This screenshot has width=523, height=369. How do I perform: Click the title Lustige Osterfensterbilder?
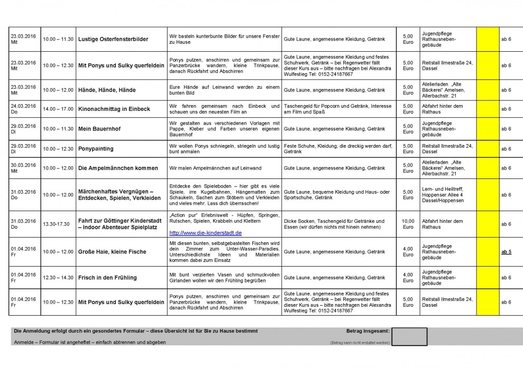click(113, 40)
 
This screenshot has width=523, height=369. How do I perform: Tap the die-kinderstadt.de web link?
click(205, 233)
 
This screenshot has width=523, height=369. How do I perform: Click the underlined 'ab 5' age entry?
click(506, 252)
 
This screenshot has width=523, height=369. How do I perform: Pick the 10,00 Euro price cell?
click(408, 224)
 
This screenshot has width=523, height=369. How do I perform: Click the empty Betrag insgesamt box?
click(410, 337)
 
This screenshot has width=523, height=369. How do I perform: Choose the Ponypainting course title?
click(96, 149)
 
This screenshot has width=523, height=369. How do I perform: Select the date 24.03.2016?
click(23, 106)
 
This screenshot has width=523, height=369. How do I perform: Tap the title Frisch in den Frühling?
click(107, 278)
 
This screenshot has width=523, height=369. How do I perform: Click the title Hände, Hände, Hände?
click(107, 90)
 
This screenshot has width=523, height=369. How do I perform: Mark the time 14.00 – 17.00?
click(58, 109)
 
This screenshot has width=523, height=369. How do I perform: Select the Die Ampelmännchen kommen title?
click(118, 168)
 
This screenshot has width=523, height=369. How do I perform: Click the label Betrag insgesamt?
click(368, 331)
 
